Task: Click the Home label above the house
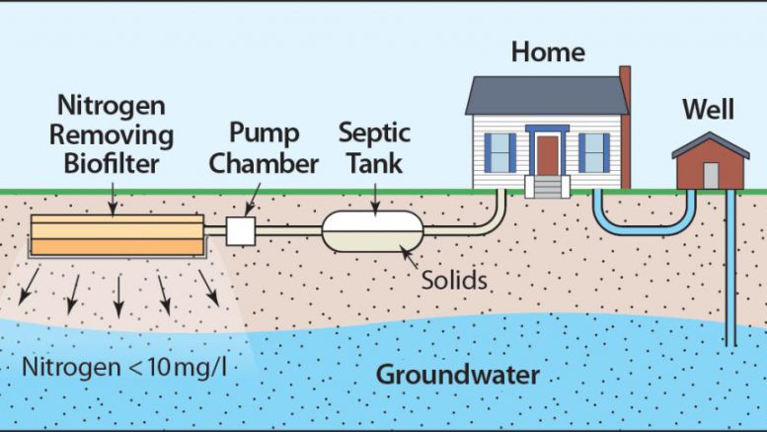pyautogui.click(x=548, y=51)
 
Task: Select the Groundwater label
pyautogui.click(x=458, y=376)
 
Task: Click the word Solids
pyautogui.click(x=454, y=280)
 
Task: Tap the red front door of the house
pyautogui.click(x=547, y=155)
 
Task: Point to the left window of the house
pyautogui.click(x=500, y=152)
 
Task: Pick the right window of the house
pyautogui.click(x=594, y=152)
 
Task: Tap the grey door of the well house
pyautogui.click(x=711, y=175)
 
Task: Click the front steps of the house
pyautogui.click(x=546, y=185)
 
